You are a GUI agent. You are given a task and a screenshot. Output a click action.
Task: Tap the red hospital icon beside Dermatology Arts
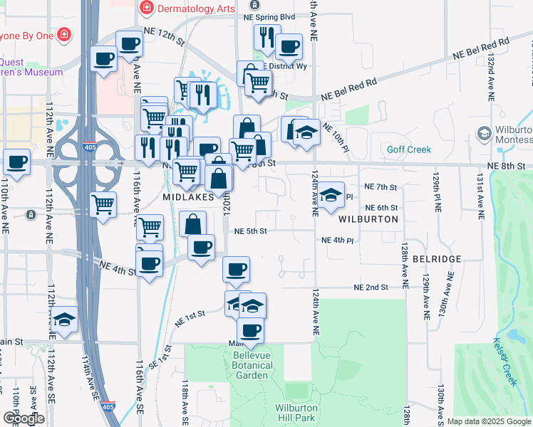coord(147,7)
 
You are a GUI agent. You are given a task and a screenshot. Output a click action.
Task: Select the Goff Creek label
coord(409,149)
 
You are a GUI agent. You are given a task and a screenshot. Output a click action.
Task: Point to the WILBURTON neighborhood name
coord(368,219)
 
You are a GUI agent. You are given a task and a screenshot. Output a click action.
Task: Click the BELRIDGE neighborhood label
coord(432,259)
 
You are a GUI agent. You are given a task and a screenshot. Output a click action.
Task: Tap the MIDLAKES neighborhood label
coord(188,196)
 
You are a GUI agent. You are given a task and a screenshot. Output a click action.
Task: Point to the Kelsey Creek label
coord(504,362)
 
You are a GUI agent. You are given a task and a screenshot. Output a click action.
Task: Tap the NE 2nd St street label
coord(371,288)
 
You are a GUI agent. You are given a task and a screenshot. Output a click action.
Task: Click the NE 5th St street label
coord(250,231)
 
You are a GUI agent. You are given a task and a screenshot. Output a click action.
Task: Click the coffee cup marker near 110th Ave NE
coord(16,161)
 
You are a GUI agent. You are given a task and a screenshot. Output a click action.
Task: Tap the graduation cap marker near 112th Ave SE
coord(64,318)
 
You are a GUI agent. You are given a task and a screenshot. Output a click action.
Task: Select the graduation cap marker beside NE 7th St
coord(331,194)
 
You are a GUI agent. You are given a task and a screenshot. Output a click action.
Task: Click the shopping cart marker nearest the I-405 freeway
coord(104,204)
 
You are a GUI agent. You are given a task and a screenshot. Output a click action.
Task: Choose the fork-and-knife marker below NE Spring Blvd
coord(266,37)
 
